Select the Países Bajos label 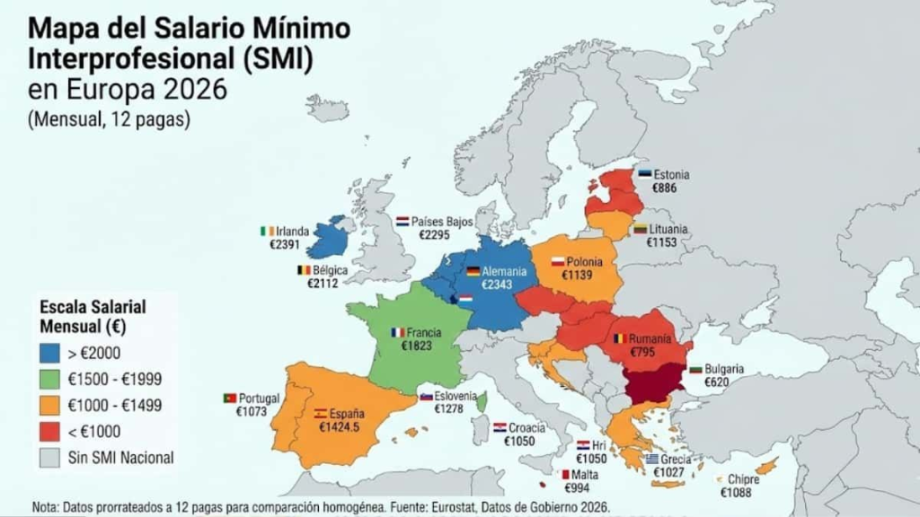click(442, 221)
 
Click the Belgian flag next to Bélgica click(304, 269)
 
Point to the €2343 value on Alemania click(495, 285)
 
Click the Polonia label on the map click(584, 262)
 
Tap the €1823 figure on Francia click(418, 345)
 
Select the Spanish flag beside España click(320, 414)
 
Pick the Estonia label click(671, 175)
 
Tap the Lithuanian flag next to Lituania click(640, 230)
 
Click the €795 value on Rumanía click(642, 352)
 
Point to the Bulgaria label click(723, 369)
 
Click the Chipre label click(744, 480)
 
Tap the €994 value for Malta click(577, 488)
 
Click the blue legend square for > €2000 click(51, 353)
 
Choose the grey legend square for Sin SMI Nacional click(51, 458)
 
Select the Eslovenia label click(456, 397)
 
